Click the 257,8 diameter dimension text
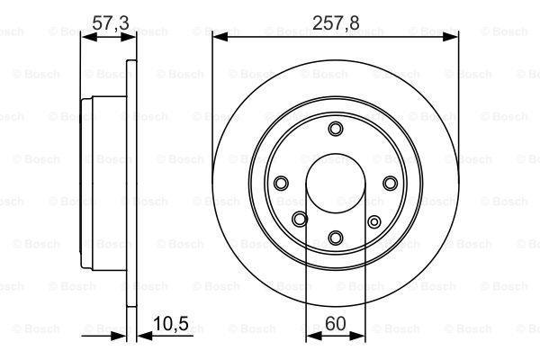point(335,23)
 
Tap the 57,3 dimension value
point(109,23)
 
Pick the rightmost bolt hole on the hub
point(390,184)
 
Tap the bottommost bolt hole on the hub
point(335,238)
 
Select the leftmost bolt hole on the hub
point(280,184)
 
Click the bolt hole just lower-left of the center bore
point(300,219)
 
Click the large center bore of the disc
point(335,184)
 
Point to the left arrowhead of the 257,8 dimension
point(217,38)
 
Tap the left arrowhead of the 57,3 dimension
point(86,38)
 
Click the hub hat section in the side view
point(88,184)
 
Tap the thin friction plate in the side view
point(130,184)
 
